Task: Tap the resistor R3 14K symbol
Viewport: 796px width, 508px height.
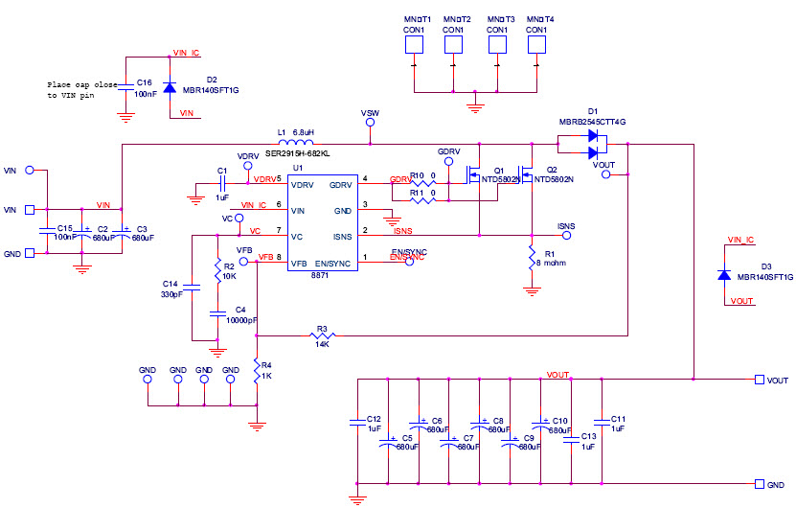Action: coord(322,335)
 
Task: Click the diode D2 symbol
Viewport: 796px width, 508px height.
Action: coord(170,87)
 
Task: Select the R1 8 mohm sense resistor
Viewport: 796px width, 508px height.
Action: coord(531,257)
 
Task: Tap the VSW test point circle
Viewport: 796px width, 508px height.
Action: coord(369,123)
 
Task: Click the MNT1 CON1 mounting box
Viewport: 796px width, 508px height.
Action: coord(413,44)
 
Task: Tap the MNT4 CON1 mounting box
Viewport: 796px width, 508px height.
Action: coord(537,44)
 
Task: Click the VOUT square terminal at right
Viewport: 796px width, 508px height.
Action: coord(759,380)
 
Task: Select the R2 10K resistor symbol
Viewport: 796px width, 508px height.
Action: coord(218,275)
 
